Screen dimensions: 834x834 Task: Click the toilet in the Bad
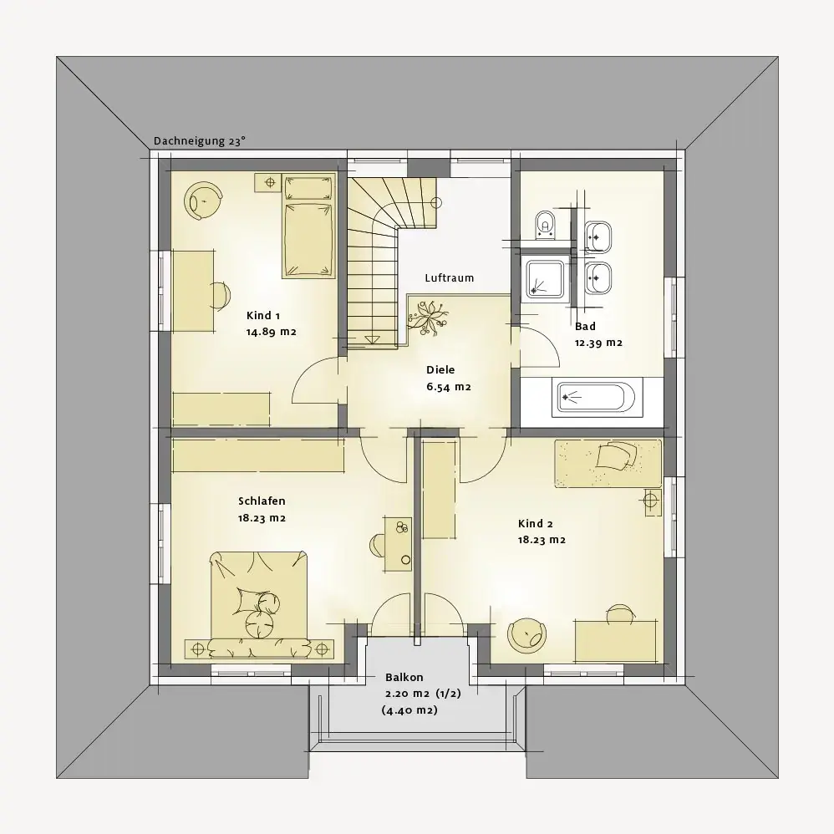(x=545, y=225)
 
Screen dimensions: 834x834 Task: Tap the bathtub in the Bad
(x=596, y=396)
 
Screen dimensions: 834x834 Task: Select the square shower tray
(x=545, y=279)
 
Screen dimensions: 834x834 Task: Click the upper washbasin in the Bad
(x=598, y=236)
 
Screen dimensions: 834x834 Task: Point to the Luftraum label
(x=450, y=278)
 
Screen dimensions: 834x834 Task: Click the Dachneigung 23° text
(x=200, y=141)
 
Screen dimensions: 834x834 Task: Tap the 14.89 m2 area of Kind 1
(x=271, y=332)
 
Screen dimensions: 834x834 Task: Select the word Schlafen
(x=262, y=501)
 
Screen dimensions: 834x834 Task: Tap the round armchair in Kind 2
(x=526, y=634)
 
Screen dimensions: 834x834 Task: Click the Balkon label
(x=404, y=677)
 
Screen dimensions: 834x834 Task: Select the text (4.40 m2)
(x=409, y=710)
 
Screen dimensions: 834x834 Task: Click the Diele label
(x=440, y=369)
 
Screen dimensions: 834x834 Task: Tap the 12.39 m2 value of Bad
(x=598, y=343)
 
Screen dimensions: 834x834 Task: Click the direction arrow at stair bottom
(x=372, y=339)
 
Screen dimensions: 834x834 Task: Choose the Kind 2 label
(x=536, y=524)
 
